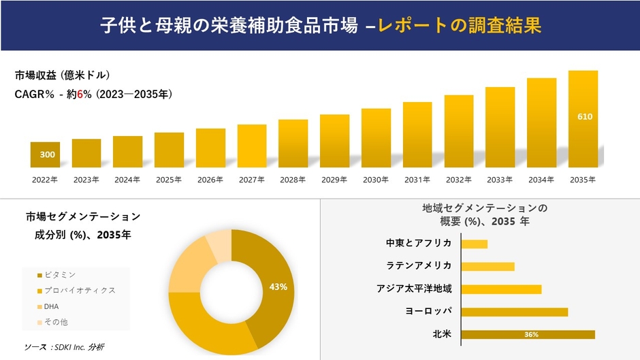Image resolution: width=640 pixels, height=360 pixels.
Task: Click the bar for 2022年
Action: pyautogui.click(x=45, y=154)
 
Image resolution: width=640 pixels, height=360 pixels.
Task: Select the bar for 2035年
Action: pyautogui.click(x=583, y=119)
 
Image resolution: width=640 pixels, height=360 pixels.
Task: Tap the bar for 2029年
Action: pyautogui.click(x=334, y=141)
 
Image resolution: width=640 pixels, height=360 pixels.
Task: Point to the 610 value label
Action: pyautogui.click(x=585, y=117)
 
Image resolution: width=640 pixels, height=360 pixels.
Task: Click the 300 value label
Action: pyautogui.click(x=47, y=155)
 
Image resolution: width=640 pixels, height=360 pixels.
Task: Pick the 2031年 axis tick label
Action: pyautogui.click(x=417, y=180)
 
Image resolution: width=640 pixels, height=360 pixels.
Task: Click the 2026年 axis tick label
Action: pyautogui.click(x=210, y=180)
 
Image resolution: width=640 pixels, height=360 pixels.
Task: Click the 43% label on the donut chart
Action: pyautogui.click(x=278, y=287)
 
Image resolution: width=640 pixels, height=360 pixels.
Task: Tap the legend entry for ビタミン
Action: pyautogui.click(x=59, y=275)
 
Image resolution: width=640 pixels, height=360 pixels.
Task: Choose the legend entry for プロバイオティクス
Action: pyautogui.click(x=79, y=291)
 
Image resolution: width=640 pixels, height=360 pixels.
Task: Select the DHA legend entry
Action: pyautogui.click(x=51, y=306)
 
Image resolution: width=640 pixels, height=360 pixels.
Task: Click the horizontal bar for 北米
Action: pyautogui.click(x=528, y=334)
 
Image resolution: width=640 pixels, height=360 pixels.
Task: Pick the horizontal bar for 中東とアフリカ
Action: pyautogui.click(x=474, y=244)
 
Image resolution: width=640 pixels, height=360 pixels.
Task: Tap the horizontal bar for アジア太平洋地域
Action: pyautogui.click(x=501, y=289)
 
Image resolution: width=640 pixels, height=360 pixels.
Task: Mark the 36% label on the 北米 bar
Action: pyautogui.click(x=532, y=335)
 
